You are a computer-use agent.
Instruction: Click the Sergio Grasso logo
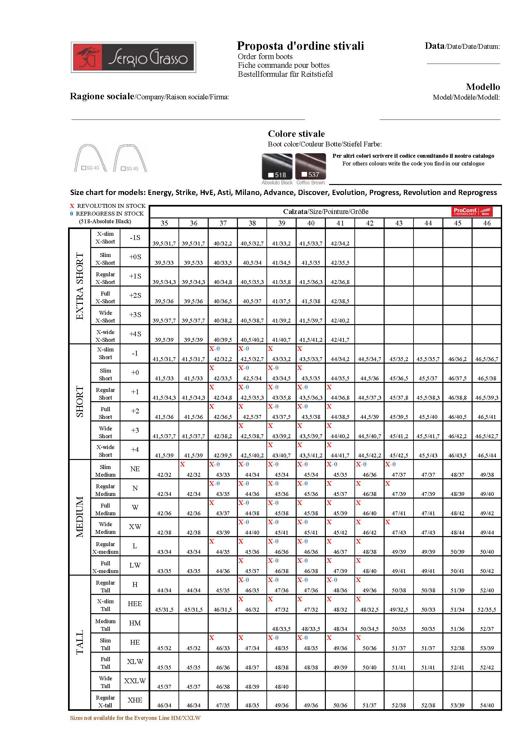tap(134, 57)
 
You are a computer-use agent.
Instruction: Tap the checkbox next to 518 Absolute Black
tap(271, 175)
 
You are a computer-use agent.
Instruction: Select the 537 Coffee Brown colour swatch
tap(310, 166)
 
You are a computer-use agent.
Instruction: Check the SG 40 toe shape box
tap(84, 168)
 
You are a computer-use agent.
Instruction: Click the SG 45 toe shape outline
tap(130, 158)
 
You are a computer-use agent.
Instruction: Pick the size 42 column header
tap(370, 223)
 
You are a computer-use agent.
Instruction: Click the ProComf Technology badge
tap(472, 212)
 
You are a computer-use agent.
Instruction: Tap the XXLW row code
tap(135, 681)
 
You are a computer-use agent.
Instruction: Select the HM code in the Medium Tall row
tap(135, 623)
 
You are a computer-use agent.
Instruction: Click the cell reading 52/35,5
tap(486, 610)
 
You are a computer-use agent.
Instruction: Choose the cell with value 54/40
tap(486, 705)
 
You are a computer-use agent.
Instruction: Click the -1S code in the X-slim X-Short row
tap(135, 238)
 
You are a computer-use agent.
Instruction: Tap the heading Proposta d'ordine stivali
tap(300, 46)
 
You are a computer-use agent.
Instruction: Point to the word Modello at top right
tap(483, 87)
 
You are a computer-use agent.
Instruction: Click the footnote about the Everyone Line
tap(135, 718)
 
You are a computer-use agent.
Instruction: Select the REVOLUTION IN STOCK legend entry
tap(108, 206)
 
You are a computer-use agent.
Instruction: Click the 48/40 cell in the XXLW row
tap(281, 686)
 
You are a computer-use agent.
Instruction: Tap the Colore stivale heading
tap(296, 134)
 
